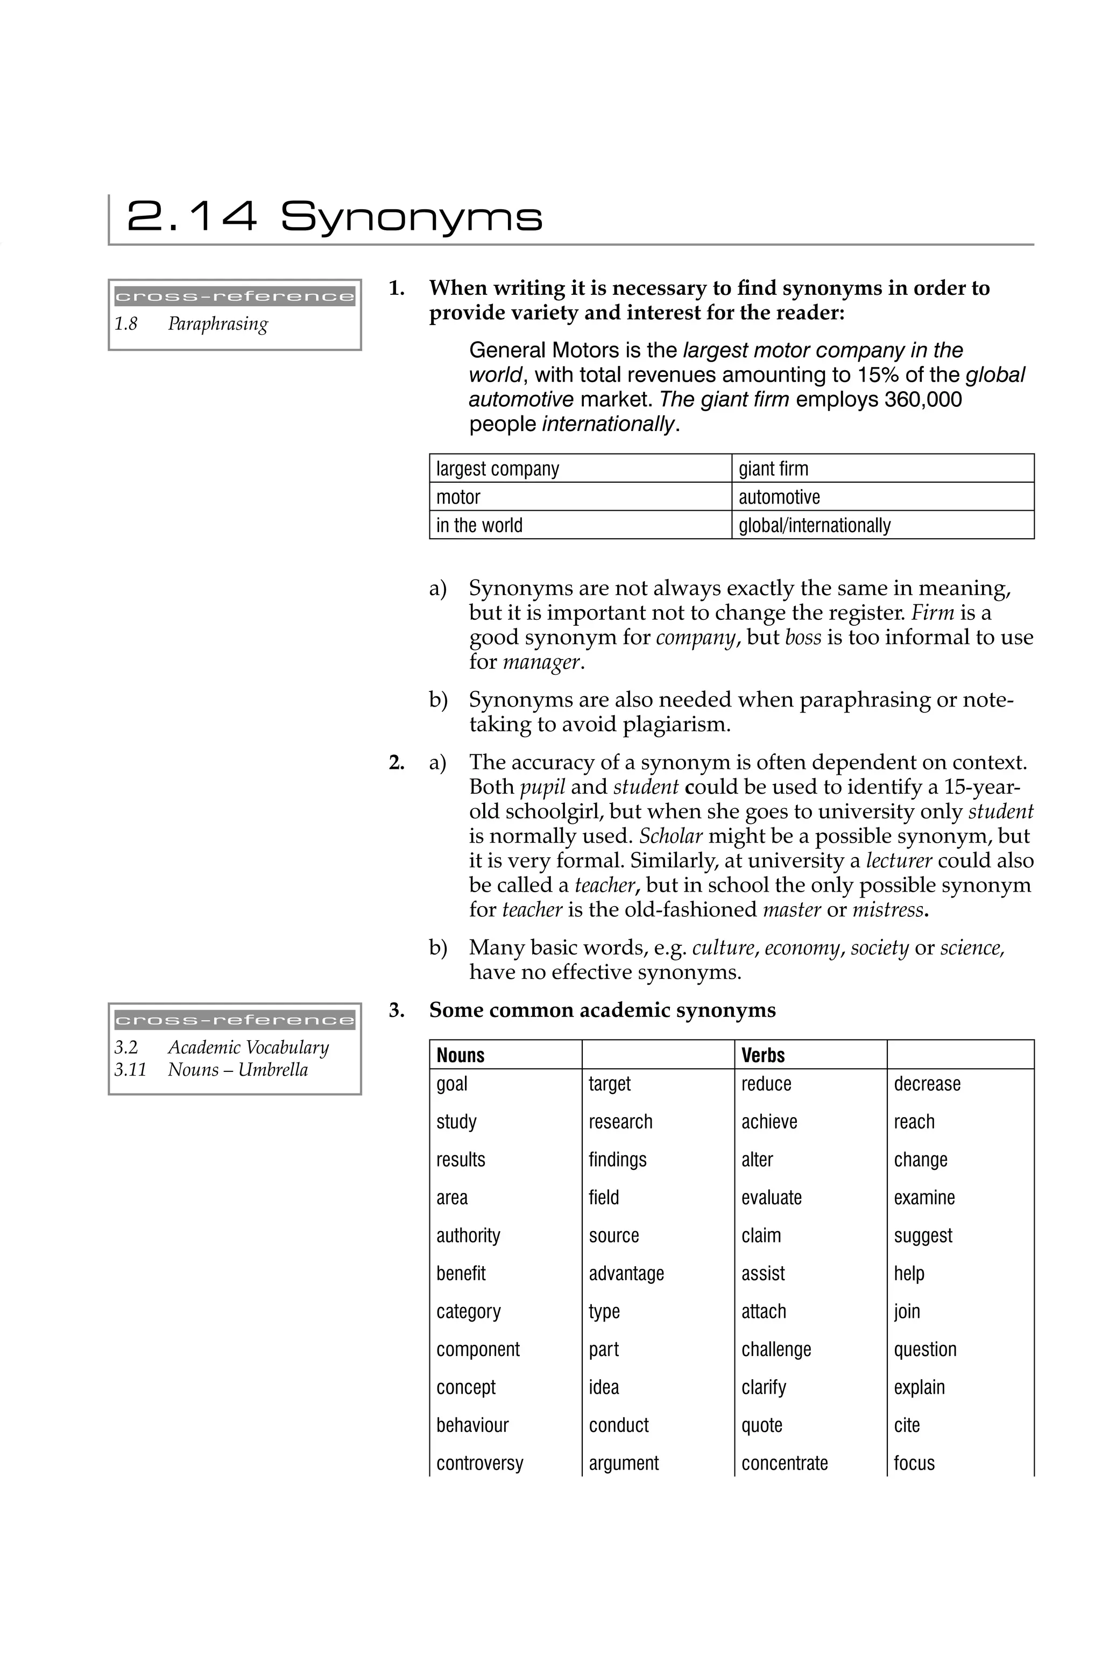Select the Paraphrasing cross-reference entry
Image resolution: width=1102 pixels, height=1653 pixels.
(x=218, y=324)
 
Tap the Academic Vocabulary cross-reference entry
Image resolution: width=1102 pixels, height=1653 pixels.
(x=248, y=1047)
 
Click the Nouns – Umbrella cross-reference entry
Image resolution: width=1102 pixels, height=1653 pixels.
(x=237, y=1070)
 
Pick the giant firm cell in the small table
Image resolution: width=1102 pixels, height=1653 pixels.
(x=773, y=469)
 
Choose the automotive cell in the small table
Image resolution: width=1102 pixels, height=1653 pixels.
(x=779, y=497)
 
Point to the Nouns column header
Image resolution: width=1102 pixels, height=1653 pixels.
(x=461, y=1055)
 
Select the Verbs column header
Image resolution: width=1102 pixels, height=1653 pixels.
(x=762, y=1055)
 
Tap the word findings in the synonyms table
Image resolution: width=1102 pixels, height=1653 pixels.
(x=617, y=1159)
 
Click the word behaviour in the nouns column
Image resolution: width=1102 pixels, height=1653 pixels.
(x=472, y=1425)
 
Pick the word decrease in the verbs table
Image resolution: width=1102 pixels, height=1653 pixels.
(x=926, y=1084)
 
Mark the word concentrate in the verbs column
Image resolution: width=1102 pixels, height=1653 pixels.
(x=785, y=1463)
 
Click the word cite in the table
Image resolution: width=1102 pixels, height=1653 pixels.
(x=907, y=1425)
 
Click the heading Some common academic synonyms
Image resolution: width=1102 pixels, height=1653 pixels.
(x=602, y=1010)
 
